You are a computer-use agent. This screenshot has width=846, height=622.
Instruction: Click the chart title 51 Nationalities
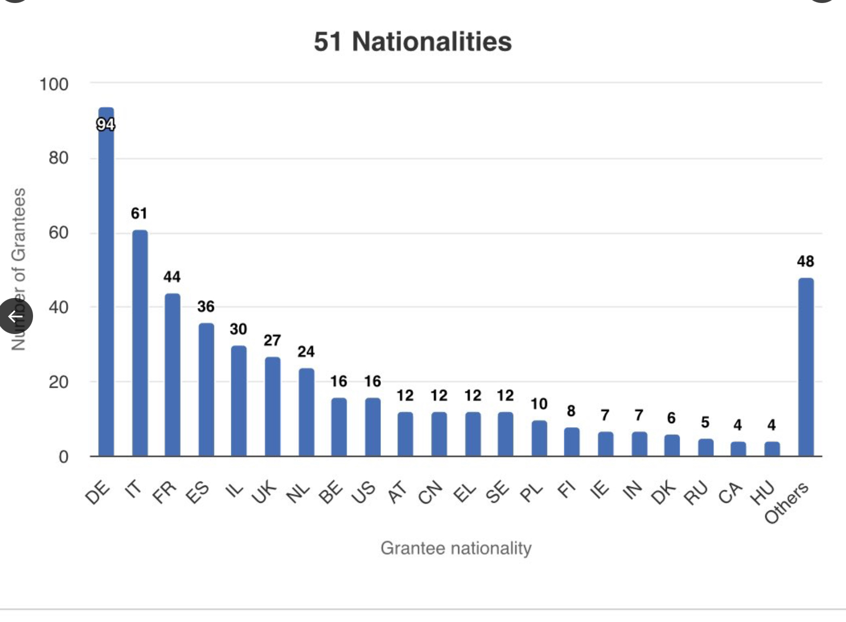point(412,42)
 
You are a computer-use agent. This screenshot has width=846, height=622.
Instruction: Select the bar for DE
point(106,290)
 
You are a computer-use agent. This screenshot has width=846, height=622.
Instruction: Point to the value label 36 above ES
point(206,306)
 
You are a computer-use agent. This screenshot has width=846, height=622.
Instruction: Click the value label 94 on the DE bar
point(106,124)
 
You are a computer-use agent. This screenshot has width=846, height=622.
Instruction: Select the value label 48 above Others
point(805,261)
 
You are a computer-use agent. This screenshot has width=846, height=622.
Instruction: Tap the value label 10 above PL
point(539,404)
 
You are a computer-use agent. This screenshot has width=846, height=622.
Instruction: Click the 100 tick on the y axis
point(54,85)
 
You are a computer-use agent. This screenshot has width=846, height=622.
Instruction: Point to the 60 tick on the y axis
point(58,233)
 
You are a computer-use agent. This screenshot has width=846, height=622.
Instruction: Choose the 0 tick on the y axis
point(63,457)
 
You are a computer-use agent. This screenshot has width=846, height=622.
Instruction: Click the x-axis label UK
point(264,492)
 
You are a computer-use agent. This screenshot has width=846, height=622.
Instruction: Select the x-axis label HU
point(762,492)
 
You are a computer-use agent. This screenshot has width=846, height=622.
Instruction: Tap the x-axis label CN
point(431,492)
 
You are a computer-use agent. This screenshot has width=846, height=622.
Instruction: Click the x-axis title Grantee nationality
point(456,548)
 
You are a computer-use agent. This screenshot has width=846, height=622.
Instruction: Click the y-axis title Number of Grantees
point(19,269)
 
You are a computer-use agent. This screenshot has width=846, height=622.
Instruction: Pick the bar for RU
point(705,447)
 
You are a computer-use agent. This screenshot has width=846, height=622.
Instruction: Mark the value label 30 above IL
point(238,329)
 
